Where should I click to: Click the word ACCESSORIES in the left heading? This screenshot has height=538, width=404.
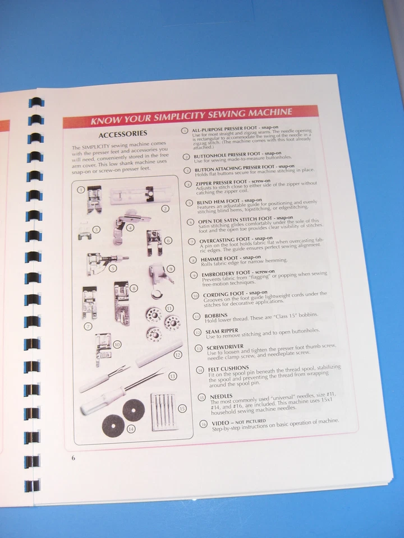(x=122, y=134)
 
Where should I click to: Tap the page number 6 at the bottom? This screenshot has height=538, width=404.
(x=73, y=458)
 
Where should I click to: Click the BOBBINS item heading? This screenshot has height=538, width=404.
(x=216, y=316)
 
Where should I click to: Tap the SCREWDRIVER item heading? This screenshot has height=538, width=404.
(x=223, y=348)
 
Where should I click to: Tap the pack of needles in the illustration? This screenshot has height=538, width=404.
(x=164, y=412)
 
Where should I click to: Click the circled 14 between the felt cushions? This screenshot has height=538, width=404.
(x=131, y=429)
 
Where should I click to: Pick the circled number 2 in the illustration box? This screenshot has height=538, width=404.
(x=165, y=208)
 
